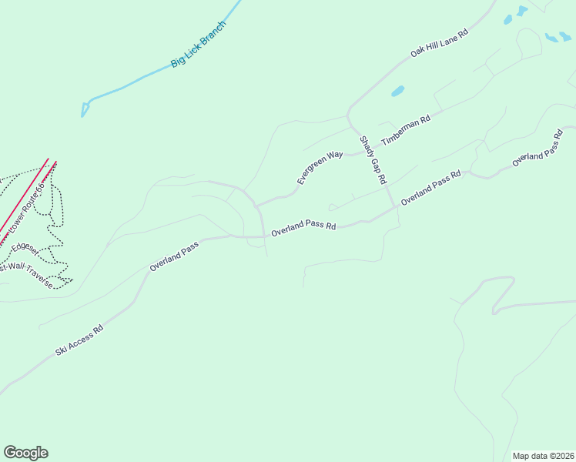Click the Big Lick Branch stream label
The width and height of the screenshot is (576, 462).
coord(199,45)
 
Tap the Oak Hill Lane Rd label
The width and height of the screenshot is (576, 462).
coord(439,43)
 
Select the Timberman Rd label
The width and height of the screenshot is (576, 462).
coord(405,124)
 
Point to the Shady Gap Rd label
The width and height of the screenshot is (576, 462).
coord(372,160)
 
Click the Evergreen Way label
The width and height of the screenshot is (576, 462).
coord(320,167)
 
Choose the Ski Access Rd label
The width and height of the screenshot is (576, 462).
coord(79,340)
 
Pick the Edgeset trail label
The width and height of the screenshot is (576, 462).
coord(25,247)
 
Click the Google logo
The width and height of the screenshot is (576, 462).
coord(25,453)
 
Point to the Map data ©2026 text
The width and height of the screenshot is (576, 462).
coord(543,456)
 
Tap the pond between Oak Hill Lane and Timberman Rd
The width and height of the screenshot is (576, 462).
coord(397,91)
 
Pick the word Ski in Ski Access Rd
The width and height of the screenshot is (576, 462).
coord(60,350)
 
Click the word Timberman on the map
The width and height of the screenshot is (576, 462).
coord(400,126)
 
